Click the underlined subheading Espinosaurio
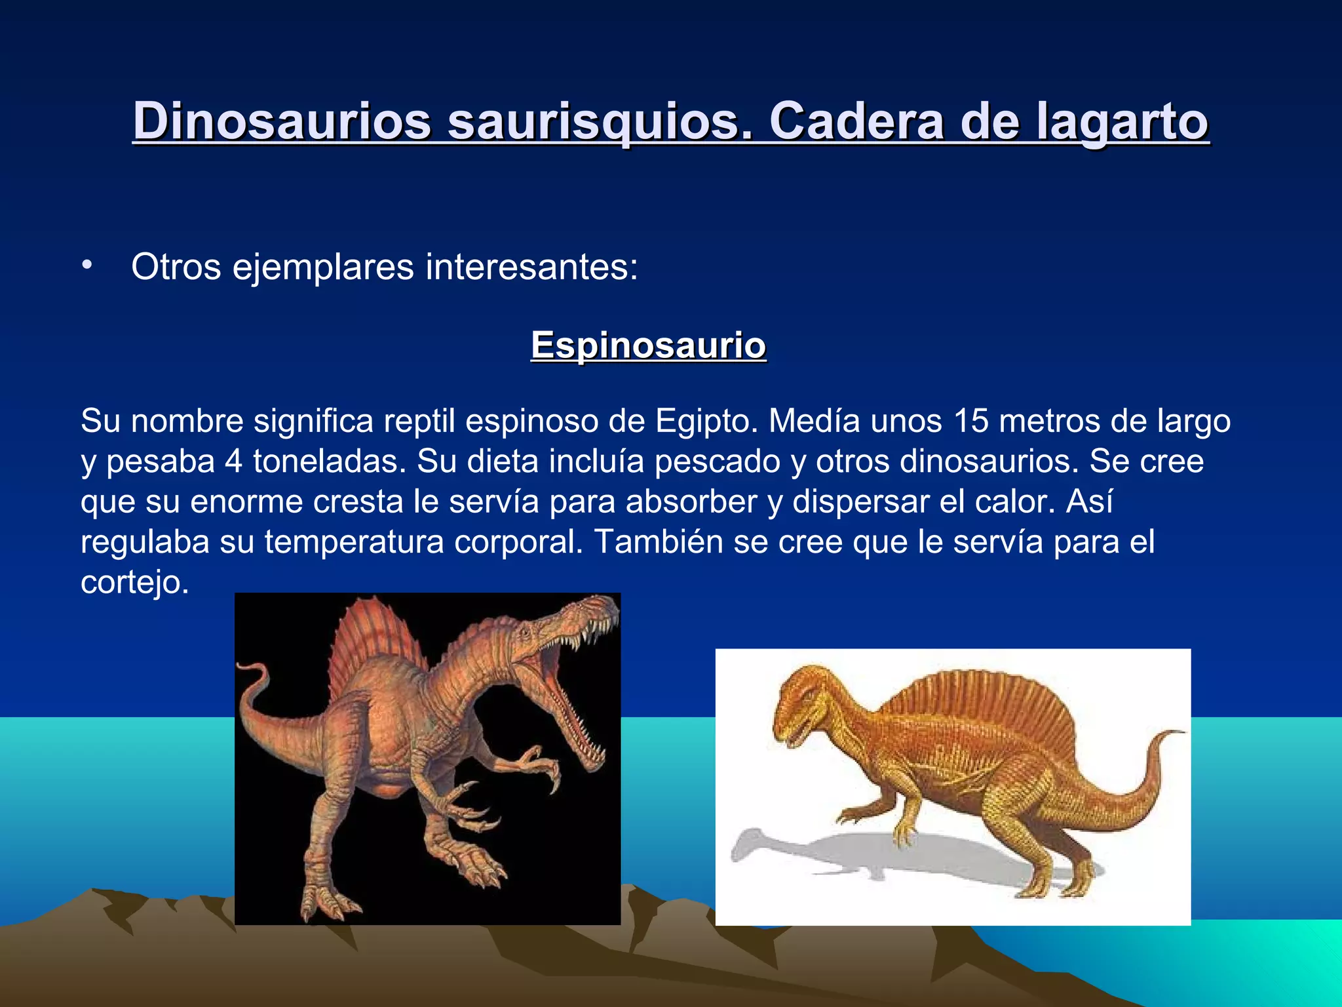(648, 345)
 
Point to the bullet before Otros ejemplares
(87, 265)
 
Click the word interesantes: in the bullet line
(531, 267)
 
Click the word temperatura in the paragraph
(355, 543)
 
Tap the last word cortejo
(134, 583)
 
